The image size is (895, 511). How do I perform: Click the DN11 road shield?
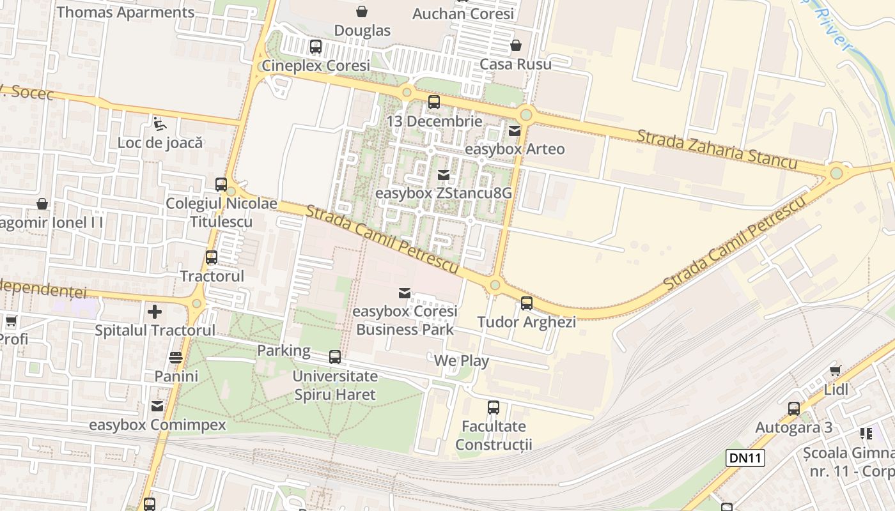click(x=745, y=457)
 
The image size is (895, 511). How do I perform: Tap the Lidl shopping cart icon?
click(x=835, y=370)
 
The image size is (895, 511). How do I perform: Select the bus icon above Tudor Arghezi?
click(x=527, y=303)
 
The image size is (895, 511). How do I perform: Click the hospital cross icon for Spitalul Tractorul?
click(x=155, y=312)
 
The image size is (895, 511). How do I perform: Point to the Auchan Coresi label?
click(x=463, y=13)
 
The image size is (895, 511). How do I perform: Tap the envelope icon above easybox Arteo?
click(x=515, y=131)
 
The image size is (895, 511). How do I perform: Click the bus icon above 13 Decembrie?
click(x=434, y=102)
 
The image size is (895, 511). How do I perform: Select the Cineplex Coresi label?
click(x=316, y=66)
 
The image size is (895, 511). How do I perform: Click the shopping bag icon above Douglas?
click(x=362, y=11)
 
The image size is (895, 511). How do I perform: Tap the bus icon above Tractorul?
click(x=212, y=257)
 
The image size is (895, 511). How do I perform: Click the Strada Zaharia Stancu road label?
click(x=717, y=149)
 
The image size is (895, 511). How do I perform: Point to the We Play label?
click(x=461, y=361)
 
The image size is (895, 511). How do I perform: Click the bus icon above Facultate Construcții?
click(x=494, y=408)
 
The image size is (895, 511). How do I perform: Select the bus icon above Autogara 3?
click(x=794, y=409)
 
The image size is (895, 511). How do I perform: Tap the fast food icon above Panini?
click(x=176, y=357)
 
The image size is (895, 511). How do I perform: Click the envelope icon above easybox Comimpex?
click(x=157, y=406)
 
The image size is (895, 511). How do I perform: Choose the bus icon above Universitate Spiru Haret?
click(x=335, y=357)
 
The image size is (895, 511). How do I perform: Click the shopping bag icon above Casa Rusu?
click(x=515, y=45)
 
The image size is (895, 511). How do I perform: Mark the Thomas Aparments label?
click(x=125, y=12)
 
